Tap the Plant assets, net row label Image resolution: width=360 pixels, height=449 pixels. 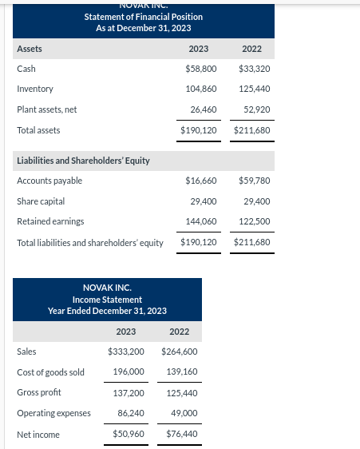coord(47,109)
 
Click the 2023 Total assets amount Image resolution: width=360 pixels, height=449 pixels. coord(199,129)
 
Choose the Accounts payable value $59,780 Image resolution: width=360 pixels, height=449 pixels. coord(255,181)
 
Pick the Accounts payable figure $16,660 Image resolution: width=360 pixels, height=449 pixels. coord(200,181)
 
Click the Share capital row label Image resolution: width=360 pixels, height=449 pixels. coord(41,201)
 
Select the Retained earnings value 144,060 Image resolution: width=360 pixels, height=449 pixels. coord(201,221)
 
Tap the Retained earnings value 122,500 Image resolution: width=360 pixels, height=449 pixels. coord(255,221)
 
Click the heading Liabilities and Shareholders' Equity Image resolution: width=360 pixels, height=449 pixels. coord(83,161)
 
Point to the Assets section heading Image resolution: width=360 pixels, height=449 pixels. coord(30,49)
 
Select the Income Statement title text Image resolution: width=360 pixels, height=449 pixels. coord(107,300)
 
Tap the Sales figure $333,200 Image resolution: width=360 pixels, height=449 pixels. coord(126,351)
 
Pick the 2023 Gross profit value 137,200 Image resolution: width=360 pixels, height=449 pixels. coord(129,392)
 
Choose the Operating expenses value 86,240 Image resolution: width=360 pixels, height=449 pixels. coord(131,413)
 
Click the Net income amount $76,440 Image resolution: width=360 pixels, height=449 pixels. coord(180,435)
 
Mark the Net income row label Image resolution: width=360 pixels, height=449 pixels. coord(38,435)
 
